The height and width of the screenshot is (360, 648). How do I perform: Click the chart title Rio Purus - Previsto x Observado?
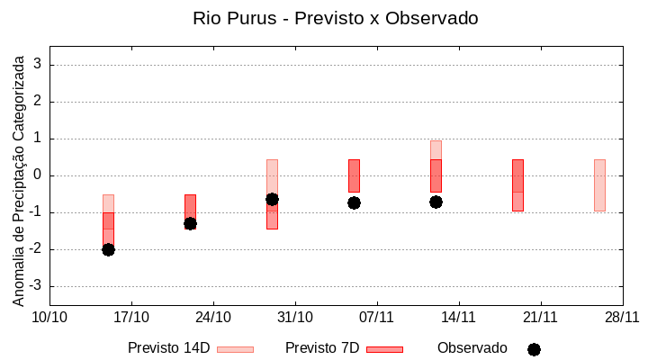click(336, 18)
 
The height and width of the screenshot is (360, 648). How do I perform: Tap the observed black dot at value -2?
click(108, 249)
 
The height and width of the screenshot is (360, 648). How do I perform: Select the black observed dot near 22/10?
click(190, 223)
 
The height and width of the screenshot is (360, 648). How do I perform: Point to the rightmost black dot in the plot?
click(436, 202)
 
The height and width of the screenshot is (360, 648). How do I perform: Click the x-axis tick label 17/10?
click(131, 317)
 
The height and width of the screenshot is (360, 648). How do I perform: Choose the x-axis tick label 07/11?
click(377, 317)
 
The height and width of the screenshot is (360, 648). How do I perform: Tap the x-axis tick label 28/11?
click(622, 317)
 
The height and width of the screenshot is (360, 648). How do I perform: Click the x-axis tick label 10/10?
click(49, 317)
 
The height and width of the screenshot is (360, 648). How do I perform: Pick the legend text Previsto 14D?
click(169, 348)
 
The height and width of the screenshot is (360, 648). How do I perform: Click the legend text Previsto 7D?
click(321, 348)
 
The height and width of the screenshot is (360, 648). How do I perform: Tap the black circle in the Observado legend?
click(534, 349)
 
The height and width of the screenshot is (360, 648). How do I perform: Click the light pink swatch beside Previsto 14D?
click(235, 349)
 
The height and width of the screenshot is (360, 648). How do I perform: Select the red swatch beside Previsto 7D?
click(384, 349)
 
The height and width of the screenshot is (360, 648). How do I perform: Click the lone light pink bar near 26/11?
click(599, 184)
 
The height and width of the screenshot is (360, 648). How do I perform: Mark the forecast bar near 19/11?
click(517, 184)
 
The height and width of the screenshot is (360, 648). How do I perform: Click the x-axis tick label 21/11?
click(540, 317)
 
